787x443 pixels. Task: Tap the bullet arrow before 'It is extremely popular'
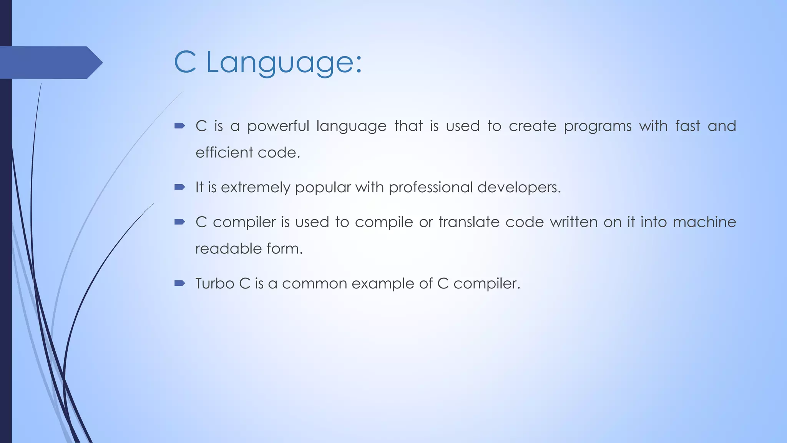179,187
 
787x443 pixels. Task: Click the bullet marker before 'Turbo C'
179,283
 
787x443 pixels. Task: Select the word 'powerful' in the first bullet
278,127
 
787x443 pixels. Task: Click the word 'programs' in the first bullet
598,127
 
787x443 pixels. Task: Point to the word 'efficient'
224,153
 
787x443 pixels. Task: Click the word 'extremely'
256,188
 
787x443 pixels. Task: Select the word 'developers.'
519,188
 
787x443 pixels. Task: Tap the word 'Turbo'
214,284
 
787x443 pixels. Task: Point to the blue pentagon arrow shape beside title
50,63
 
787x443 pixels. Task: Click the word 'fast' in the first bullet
688,127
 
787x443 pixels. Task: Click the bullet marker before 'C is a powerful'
179,126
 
